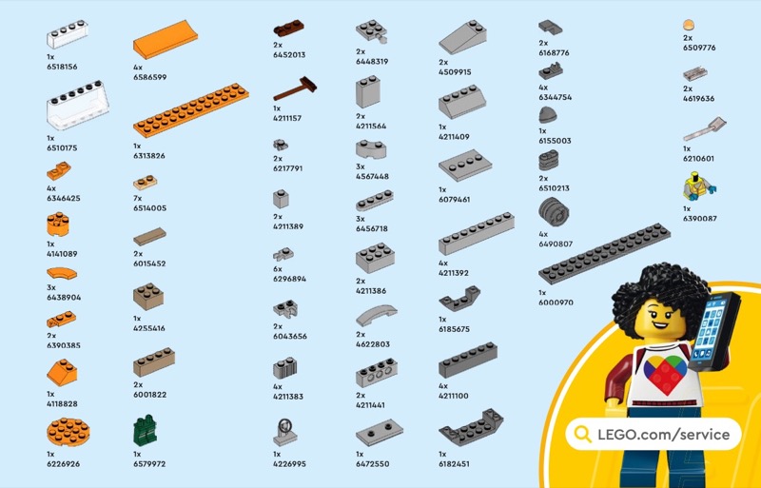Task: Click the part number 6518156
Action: click(x=62, y=67)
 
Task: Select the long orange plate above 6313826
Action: click(x=191, y=110)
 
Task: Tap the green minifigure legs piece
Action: click(x=145, y=431)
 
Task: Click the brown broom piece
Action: click(x=295, y=88)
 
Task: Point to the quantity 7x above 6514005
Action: click(x=138, y=198)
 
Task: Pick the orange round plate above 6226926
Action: click(x=68, y=432)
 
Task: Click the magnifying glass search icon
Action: click(x=582, y=434)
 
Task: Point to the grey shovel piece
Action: click(x=705, y=128)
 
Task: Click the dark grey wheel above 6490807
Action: click(x=554, y=212)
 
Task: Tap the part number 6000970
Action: click(x=556, y=303)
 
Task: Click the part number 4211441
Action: click(x=372, y=405)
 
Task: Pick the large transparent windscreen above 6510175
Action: click(x=78, y=106)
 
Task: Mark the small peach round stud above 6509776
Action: click(x=689, y=26)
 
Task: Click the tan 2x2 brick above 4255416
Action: click(x=148, y=297)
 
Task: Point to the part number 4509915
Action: click(x=455, y=72)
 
